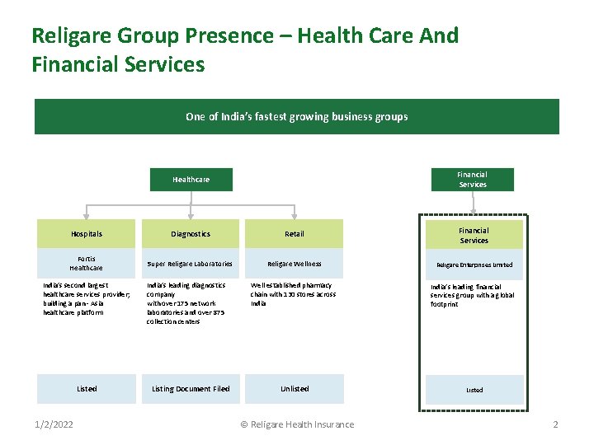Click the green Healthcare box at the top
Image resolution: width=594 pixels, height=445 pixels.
191,180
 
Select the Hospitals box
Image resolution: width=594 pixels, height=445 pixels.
87,234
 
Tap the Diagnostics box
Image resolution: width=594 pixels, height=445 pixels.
191,234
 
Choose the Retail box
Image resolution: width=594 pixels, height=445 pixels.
295,234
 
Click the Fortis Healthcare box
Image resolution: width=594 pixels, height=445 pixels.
87,264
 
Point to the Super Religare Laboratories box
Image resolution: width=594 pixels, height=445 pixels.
191,264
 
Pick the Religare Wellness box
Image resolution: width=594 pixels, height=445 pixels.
295,264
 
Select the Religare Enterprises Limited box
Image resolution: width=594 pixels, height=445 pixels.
474,265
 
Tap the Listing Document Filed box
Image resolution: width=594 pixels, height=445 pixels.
191,389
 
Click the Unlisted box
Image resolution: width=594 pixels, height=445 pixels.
295,389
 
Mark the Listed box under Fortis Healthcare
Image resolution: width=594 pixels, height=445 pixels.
87,389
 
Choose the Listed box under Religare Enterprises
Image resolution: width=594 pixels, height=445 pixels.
474,390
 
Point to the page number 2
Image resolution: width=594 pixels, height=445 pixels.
555,424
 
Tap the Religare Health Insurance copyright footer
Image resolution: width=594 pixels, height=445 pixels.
297,424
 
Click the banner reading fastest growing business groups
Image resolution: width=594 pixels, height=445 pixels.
297,117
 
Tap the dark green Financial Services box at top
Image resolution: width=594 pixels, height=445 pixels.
472,180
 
